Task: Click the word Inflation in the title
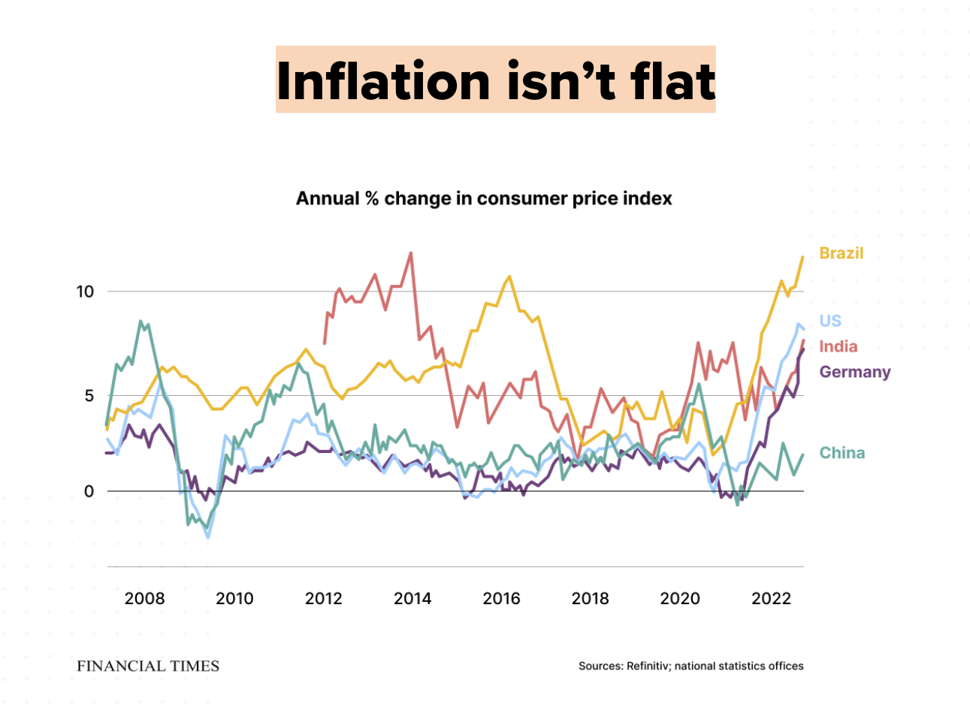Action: (x=383, y=80)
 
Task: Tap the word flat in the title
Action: (x=672, y=80)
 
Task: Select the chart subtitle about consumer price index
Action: (x=484, y=198)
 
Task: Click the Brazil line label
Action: (x=841, y=253)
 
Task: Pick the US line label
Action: (x=829, y=321)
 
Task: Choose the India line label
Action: (x=838, y=346)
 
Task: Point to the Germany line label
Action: (x=854, y=372)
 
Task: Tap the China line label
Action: (x=842, y=453)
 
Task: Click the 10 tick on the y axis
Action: (x=85, y=292)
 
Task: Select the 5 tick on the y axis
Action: (x=89, y=396)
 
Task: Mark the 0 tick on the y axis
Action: (x=89, y=491)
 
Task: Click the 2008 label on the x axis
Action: (x=144, y=599)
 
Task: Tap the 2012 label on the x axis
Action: (x=323, y=599)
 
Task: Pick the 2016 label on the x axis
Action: (x=501, y=599)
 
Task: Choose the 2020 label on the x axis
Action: (x=679, y=599)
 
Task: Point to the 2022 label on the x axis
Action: (x=771, y=599)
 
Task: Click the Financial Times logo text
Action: (x=148, y=666)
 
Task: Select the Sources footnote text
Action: (x=690, y=666)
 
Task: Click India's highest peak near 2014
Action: (x=410, y=253)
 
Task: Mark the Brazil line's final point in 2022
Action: (x=802, y=257)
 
